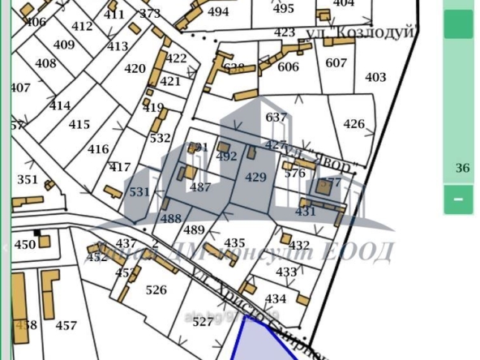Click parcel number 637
(x=276, y=118)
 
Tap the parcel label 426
(x=354, y=124)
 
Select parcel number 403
(x=375, y=78)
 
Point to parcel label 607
(x=336, y=63)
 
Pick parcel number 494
(x=218, y=12)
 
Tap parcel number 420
(x=135, y=69)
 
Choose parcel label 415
(x=79, y=125)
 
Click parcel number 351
(x=28, y=180)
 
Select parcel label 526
(x=156, y=289)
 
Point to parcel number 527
(x=203, y=322)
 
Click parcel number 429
(x=255, y=177)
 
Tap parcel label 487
(x=199, y=186)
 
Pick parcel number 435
(x=234, y=243)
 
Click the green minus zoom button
(x=458, y=199)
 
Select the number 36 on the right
(x=463, y=169)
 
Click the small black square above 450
(x=37, y=233)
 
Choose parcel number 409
(x=63, y=45)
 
